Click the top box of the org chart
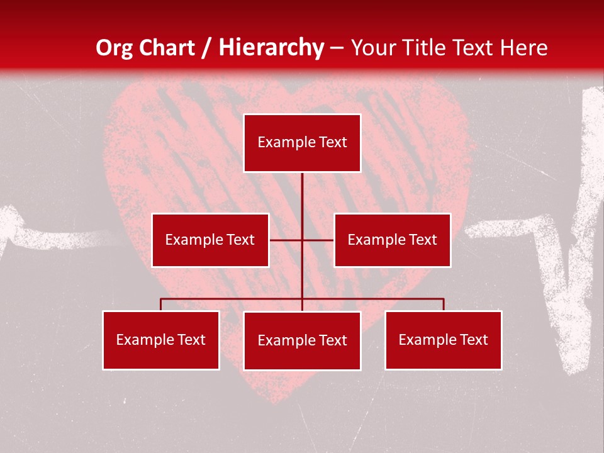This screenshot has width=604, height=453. (x=302, y=143)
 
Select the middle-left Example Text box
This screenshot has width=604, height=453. (x=210, y=240)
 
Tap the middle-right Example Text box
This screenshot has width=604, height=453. (x=392, y=240)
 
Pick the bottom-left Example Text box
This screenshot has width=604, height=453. (x=161, y=340)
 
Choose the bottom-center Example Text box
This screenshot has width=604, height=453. (x=302, y=340)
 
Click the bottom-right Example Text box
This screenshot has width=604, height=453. (x=443, y=340)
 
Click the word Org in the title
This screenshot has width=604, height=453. (x=114, y=48)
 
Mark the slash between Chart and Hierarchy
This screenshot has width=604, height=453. (x=207, y=48)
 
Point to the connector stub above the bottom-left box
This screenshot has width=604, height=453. (x=160, y=305)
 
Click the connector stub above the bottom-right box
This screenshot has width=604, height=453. (x=444, y=305)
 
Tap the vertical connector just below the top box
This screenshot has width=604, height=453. (x=302, y=189)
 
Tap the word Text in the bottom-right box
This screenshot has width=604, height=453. (x=473, y=340)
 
